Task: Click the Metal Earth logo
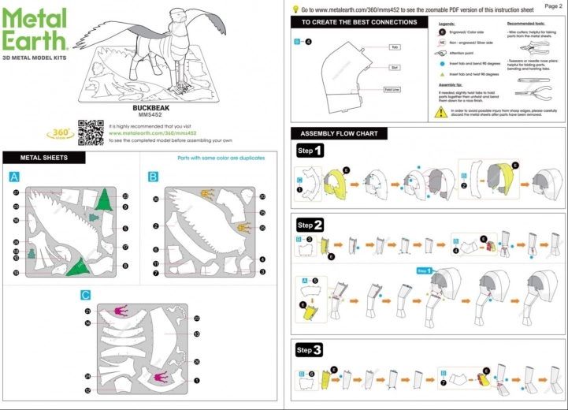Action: (x=35, y=30)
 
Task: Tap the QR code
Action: (x=90, y=131)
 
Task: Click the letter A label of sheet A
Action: (x=13, y=177)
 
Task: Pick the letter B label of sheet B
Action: (x=153, y=177)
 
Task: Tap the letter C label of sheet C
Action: (x=85, y=296)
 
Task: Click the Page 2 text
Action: (x=553, y=6)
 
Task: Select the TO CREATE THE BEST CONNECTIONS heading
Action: (x=359, y=22)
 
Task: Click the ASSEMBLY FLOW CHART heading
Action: (x=339, y=133)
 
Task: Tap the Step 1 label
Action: (x=310, y=151)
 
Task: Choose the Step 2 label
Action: (x=310, y=225)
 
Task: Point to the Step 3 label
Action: (x=310, y=349)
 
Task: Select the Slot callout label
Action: (x=395, y=68)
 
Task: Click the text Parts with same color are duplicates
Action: (x=221, y=158)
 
